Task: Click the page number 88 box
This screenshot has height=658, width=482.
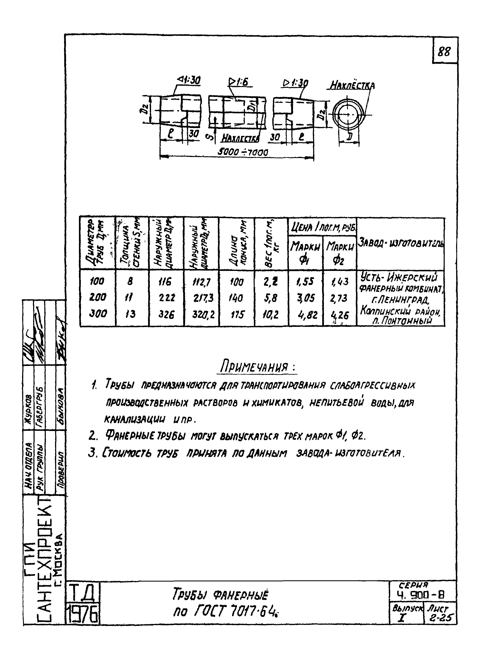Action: click(444, 52)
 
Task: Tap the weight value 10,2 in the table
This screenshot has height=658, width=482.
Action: click(271, 314)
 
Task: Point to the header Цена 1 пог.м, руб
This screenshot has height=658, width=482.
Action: click(322, 227)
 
